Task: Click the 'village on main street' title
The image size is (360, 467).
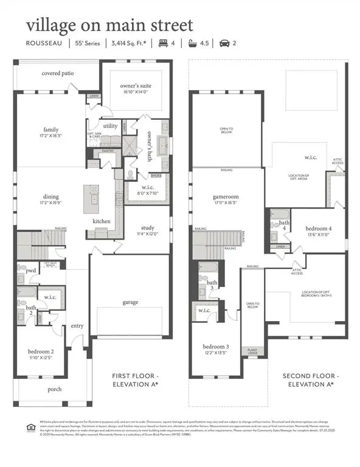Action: [x=109, y=26]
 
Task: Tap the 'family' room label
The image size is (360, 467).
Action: [x=50, y=130]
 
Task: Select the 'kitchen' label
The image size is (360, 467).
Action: [x=102, y=221]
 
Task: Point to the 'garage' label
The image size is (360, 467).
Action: [x=130, y=302]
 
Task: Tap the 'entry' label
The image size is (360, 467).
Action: [x=77, y=326]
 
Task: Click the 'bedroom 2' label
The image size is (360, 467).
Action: [x=40, y=351]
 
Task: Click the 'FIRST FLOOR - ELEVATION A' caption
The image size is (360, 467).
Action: [x=136, y=381]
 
